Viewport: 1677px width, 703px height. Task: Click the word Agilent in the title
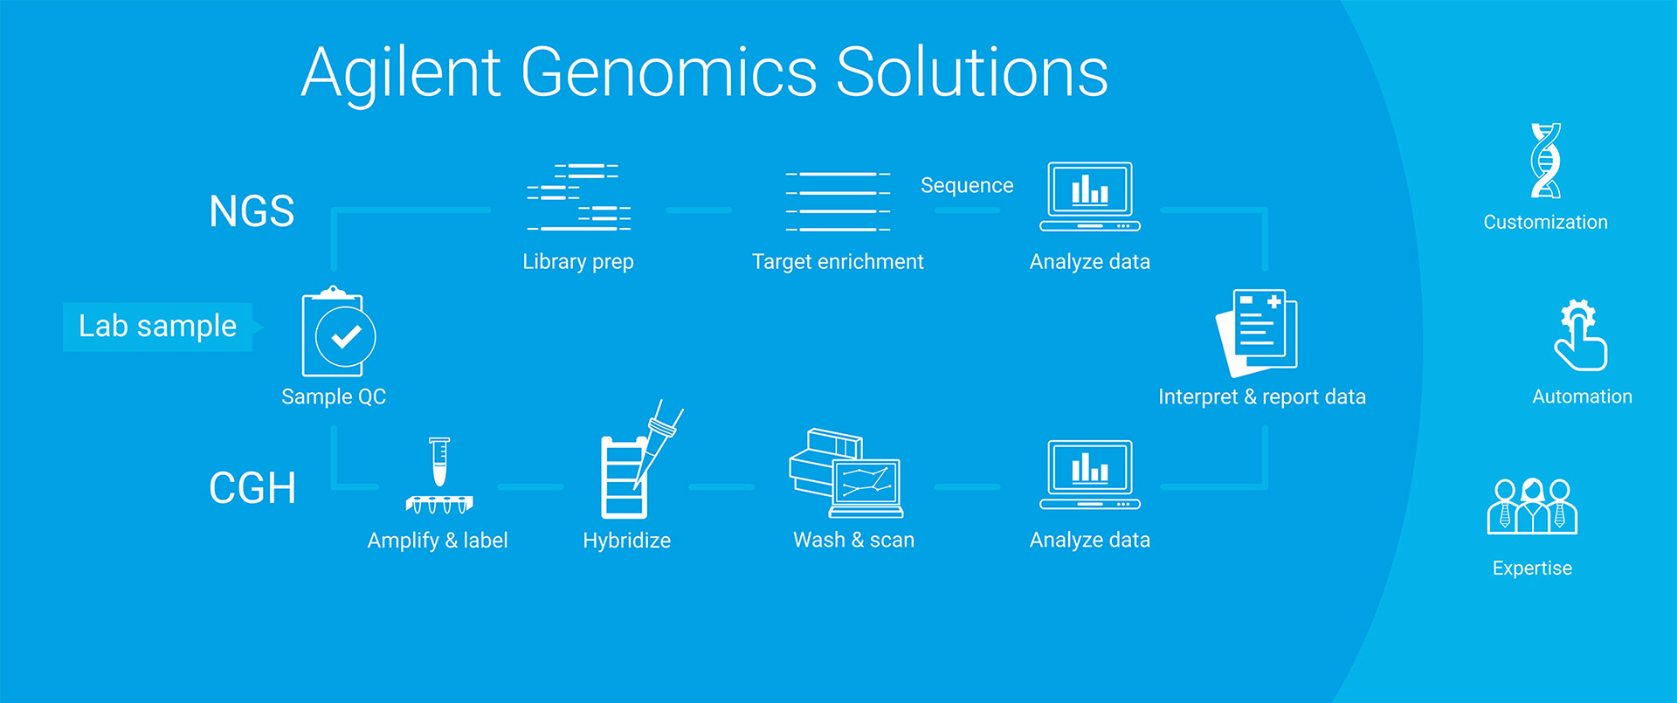pos(401,74)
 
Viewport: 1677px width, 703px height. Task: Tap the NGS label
pos(252,211)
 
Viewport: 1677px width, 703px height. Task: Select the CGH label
pos(252,488)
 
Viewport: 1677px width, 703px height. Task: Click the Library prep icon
pos(579,197)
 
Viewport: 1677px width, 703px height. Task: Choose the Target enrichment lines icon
pos(838,202)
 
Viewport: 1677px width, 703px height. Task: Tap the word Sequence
pos(967,185)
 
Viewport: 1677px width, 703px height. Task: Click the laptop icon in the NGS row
pos(1090,196)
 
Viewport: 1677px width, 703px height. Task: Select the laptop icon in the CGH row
pos(1090,474)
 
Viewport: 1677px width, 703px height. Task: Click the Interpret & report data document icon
pos(1257,333)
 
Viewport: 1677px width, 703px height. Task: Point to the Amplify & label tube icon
pos(439,475)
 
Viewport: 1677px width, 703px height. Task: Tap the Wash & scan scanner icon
pos(845,473)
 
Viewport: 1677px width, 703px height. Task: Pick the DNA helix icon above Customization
pos(1546,161)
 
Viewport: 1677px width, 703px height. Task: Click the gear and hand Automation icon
pos(1580,335)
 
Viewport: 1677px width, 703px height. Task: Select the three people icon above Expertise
pos(1533,507)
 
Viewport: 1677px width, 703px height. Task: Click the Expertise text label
pos(1532,569)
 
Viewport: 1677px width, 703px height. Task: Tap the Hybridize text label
pos(627,541)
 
